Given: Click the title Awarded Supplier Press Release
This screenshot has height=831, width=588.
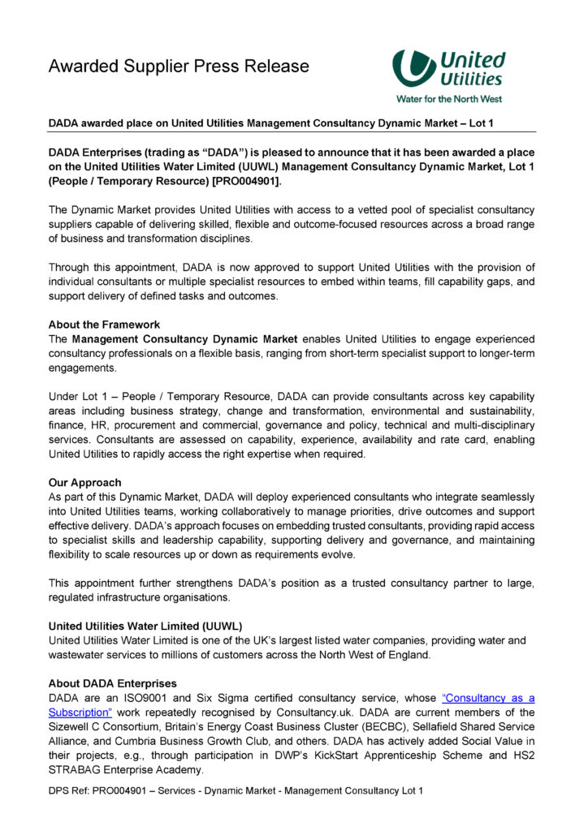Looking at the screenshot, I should pos(179,66).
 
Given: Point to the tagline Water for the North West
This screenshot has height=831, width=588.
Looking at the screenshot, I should pos(448,99).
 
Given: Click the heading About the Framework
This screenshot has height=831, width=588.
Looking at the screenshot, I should pos(104,325).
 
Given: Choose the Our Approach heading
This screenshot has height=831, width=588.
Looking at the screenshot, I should pos(84,482).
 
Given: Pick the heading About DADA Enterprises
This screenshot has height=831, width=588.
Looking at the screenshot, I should pos(112,683).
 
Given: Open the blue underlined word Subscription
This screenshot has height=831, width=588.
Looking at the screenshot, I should pos(80,713).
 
